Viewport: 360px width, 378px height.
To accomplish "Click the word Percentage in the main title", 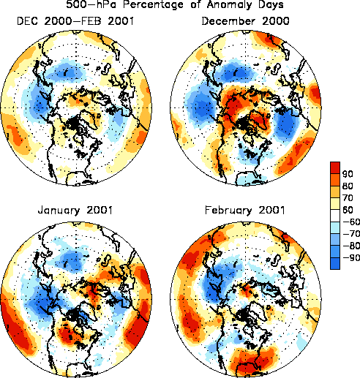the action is (153, 5).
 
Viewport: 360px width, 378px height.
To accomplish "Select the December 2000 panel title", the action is (245, 21).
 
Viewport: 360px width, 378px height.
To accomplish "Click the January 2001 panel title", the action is (75, 211).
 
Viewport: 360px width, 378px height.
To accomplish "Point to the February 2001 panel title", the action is (245, 210).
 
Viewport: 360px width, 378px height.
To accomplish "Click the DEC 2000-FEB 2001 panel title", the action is (75, 21).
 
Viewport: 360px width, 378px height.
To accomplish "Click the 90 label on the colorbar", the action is (348, 174).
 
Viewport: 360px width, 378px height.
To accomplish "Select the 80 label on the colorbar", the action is (348, 186).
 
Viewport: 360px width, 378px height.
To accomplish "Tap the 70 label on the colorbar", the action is (348, 197).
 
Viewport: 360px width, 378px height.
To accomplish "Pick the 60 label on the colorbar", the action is (348, 210).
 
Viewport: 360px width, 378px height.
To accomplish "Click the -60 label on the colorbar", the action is (351, 222).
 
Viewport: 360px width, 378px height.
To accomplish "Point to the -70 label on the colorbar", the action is (351, 234).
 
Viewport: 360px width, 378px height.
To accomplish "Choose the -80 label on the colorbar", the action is (351, 246).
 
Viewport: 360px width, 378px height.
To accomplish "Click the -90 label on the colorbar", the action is (351, 258).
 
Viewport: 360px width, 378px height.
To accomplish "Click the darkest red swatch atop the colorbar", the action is (335, 168).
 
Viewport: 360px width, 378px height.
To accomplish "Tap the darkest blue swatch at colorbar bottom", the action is (335, 263).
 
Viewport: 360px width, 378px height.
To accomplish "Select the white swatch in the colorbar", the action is (335, 216).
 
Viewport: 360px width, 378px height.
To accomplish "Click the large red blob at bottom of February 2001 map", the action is (254, 361).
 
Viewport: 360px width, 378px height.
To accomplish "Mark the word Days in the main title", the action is (270, 5).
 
